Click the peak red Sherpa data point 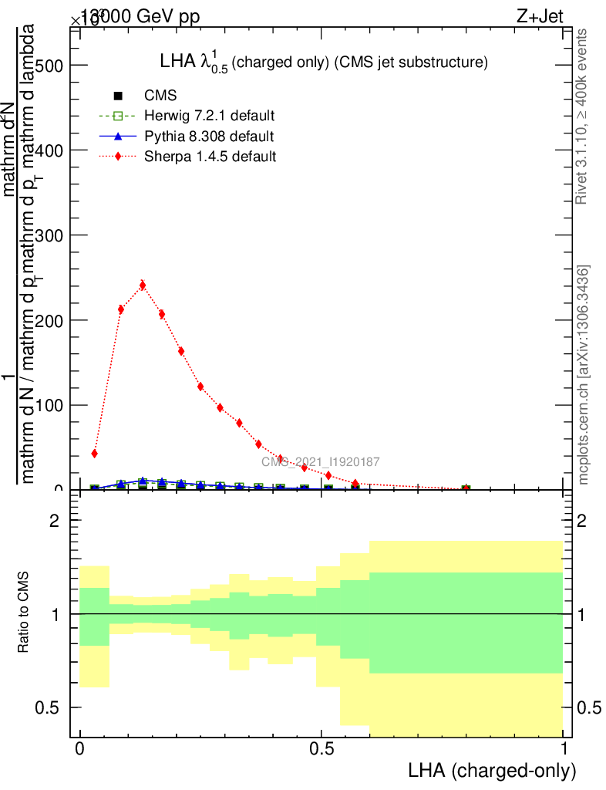pyautogui.click(x=142, y=285)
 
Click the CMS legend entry pyautogui.click(x=160, y=96)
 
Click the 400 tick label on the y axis pyautogui.click(x=49, y=150)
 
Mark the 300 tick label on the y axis pyautogui.click(x=49, y=235)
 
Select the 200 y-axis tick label pyautogui.click(x=49, y=320)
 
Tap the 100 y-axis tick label pyautogui.click(x=49, y=405)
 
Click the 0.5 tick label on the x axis pyautogui.click(x=322, y=749)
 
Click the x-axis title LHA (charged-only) pyautogui.click(x=491, y=771)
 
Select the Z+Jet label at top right pyautogui.click(x=540, y=18)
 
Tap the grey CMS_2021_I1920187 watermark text pyautogui.click(x=320, y=462)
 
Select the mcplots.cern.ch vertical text pyautogui.click(x=584, y=375)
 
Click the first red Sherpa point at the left pyautogui.click(x=94, y=453)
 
